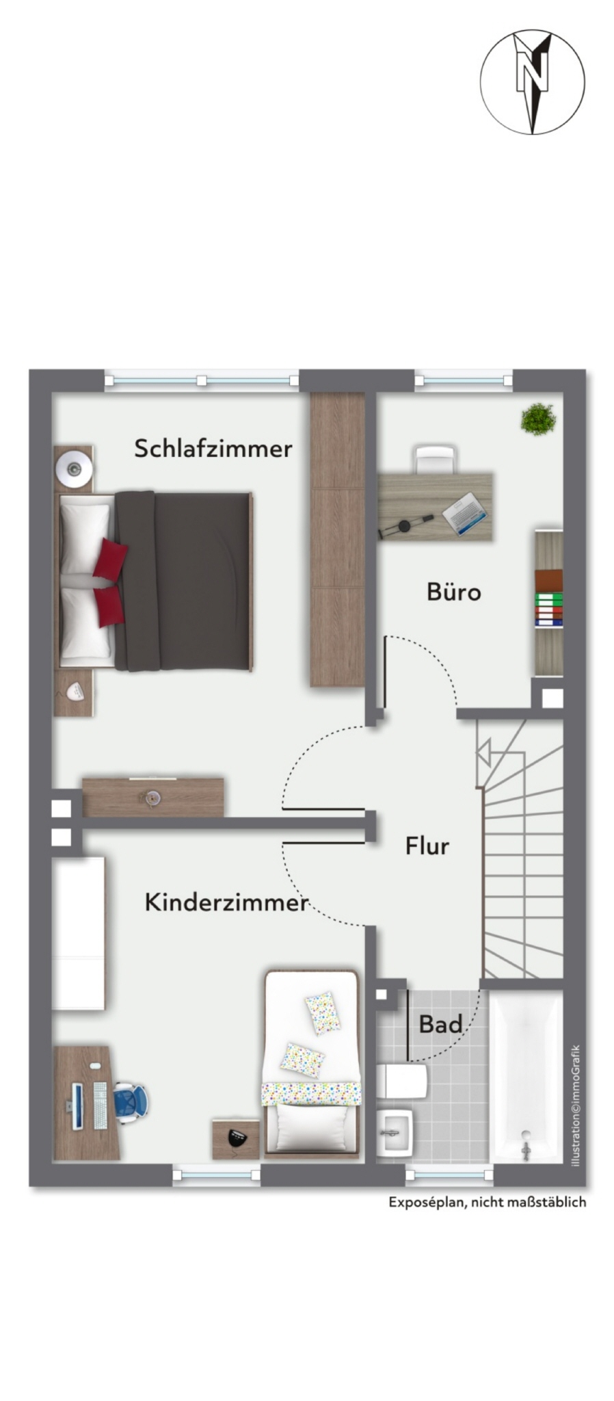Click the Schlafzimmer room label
pyautogui.click(x=213, y=449)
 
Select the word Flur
pyautogui.click(x=427, y=846)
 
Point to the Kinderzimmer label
pyautogui.click(x=226, y=902)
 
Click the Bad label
pyautogui.click(x=440, y=1024)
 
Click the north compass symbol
pyautogui.click(x=532, y=81)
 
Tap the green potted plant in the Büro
pyautogui.click(x=537, y=419)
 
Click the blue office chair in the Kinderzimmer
pyautogui.click(x=131, y=1101)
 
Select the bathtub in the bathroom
pyautogui.click(x=526, y=1076)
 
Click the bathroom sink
pyautogui.click(x=395, y=1132)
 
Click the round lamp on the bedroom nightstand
pyautogui.click(x=74, y=469)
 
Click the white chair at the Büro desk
pyautogui.click(x=434, y=459)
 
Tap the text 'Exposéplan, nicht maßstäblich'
pyautogui.click(x=488, y=1202)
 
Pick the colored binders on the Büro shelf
pyautogui.click(x=548, y=610)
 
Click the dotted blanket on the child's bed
pyautogui.click(x=311, y=1092)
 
